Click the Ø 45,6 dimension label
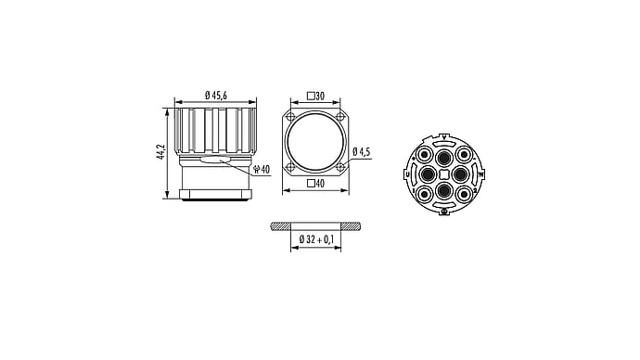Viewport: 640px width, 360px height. coord(216,96)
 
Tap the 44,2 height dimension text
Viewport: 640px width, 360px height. coord(161,152)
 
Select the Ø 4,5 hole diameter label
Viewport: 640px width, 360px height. coord(362,152)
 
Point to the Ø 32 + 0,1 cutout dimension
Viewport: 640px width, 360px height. coord(316,239)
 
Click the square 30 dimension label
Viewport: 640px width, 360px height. coord(316,96)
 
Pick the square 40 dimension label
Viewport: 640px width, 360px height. coord(316,184)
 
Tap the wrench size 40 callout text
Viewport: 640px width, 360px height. coord(262,170)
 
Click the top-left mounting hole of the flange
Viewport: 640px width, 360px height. coord(290,116)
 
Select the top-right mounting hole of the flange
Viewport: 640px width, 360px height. coord(340,116)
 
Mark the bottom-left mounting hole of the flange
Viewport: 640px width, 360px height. coord(290,166)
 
